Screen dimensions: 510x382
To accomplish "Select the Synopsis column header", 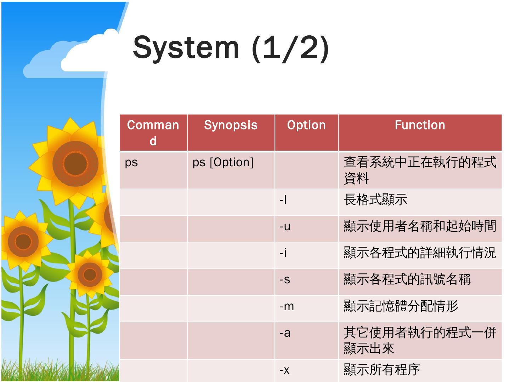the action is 231,125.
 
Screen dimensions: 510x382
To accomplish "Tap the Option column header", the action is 306,125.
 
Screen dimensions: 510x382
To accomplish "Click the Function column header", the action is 420,125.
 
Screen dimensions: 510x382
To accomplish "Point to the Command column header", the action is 153,133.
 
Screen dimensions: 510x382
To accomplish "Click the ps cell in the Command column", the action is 131,163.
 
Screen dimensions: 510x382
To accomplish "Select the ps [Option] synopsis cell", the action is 223,163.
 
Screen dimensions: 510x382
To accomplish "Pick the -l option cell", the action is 283,200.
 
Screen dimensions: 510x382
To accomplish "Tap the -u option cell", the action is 285,227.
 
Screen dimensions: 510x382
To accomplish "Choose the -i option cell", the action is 283,253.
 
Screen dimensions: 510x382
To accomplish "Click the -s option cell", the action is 285,280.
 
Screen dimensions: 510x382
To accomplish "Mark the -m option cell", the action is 287,306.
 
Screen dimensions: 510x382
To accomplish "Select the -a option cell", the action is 285,333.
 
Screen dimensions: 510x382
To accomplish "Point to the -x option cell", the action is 284,370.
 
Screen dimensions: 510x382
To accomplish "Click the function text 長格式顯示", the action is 375,200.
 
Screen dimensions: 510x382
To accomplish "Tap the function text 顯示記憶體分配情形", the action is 401,306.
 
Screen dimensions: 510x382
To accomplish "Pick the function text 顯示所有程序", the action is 381,370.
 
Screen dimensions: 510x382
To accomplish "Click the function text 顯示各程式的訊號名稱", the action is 407,280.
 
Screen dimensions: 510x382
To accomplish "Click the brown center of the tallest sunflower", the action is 75,164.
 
